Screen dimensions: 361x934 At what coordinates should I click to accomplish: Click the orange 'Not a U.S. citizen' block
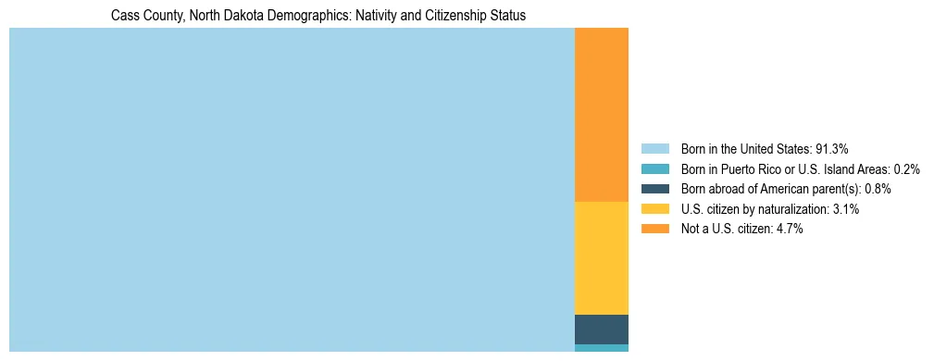pos(602,115)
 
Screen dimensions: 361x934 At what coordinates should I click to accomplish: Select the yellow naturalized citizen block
pos(602,258)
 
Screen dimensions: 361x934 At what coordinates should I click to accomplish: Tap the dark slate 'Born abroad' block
pos(602,330)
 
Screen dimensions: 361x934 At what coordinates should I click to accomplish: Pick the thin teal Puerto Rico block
pos(602,348)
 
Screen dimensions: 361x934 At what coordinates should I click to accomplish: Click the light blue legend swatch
pos(654,148)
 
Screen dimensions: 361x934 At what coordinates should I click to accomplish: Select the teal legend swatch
pos(654,168)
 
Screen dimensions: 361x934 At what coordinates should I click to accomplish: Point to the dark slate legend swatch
pos(654,189)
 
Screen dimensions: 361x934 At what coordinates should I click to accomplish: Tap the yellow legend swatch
pos(654,209)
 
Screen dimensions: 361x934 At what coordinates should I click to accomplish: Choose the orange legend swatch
pos(654,230)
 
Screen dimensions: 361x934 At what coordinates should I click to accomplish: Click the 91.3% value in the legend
pos(832,148)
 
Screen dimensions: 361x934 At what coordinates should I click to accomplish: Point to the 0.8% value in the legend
pos(878,189)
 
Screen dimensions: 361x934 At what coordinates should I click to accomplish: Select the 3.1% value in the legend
pos(846,209)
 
